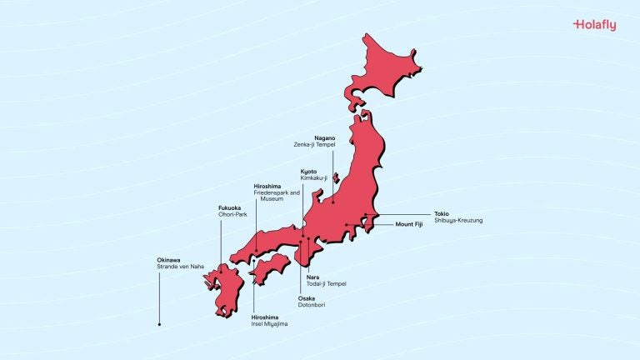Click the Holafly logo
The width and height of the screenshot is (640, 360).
click(594, 25)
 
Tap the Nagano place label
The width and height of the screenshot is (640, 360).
click(325, 137)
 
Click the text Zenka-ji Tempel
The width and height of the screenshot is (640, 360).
click(314, 144)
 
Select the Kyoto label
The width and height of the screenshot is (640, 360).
click(309, 171)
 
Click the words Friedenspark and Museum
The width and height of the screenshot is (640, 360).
click(274, 196)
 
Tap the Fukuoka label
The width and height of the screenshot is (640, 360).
click(230, 207)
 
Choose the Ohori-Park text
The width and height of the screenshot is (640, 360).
click(233, 214)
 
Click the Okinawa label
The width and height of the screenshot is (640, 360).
click(168, 260)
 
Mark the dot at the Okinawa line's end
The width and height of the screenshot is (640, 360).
click(159, 323)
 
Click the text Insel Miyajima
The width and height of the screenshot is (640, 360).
click(269, 323)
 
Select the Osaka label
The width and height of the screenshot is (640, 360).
click(307, 298)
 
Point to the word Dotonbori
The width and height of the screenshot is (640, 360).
click(312, 305)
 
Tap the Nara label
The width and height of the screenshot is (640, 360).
click(312, 277)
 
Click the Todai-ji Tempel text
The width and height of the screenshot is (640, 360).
click(325, 283)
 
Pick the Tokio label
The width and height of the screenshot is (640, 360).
click(442, 213)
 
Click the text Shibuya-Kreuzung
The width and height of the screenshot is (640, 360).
click(458, 220)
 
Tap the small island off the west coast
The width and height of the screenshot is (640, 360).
click(335, 177)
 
